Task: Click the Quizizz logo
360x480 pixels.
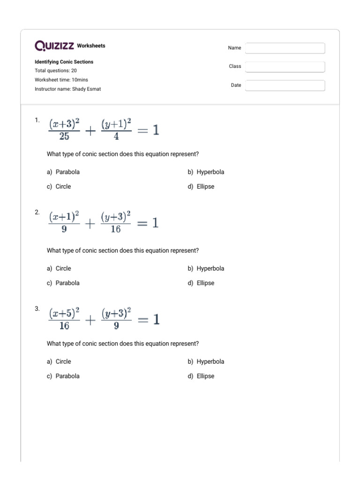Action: click(x=55, y=46)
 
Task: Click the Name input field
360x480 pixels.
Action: click(x=285, y=48)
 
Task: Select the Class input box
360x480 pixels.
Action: click(x=285, y=67)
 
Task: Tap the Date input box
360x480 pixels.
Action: click(x=285, y=85)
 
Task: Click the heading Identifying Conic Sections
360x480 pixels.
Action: click(x=64, y=62)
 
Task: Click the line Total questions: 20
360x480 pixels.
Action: click(x=56, y=71)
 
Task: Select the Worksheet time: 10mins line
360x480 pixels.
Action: click(x=61, y=80)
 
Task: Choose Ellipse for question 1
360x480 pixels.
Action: click(x=205, y=187)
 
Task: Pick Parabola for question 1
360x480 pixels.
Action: click(x=67, y=172)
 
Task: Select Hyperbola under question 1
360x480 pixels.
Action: click(x=210, y=172)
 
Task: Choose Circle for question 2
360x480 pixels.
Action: click(x=63, y=269)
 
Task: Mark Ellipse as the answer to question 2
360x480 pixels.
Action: click(x=205, y=283)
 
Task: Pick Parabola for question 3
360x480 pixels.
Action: click(x=67, y=376)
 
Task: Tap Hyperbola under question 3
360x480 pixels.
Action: click(x=210, y=361)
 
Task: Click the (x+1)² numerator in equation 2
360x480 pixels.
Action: click(x=64, y=217)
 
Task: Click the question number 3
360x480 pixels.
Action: click(x=37, y=309)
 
